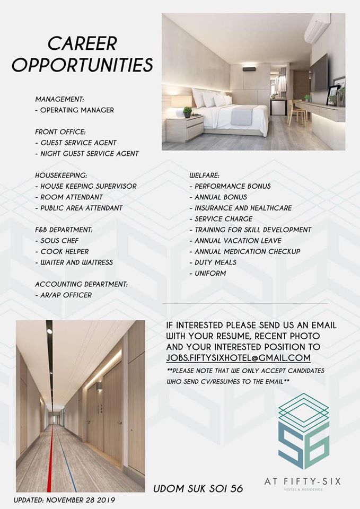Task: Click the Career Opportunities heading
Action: pos(82,54)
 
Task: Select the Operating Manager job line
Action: pos(77,110)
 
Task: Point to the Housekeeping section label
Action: pos(61,175)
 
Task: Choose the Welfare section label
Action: pos(204,175)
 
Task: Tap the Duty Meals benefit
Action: pos(215,262)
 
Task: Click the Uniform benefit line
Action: pos(210,274)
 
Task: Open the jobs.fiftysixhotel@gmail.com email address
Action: pos(238,358)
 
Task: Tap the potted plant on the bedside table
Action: pos(187,112)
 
